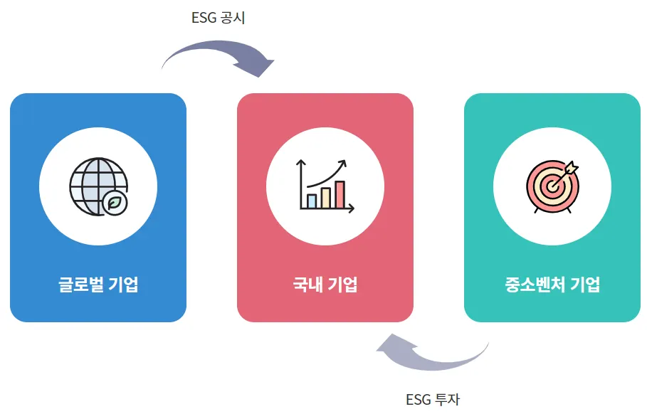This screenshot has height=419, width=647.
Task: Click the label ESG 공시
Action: tap(218, 18)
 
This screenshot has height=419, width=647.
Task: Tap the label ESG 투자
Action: tap(433, 399)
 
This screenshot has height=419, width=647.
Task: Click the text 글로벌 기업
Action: tap(98, 285)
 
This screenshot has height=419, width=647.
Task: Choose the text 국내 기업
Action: tap(325, 285)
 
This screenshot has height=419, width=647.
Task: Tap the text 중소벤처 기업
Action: tap(552, 285)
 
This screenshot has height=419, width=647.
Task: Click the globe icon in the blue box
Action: tap(97, 186)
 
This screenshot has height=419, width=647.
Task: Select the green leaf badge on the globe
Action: tap(115, 202)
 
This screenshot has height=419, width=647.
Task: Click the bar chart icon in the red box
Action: tap(325, 186)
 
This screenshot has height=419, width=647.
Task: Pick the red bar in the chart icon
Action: tap(340, 194)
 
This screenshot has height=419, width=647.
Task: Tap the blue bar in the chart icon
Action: tap(311, 201)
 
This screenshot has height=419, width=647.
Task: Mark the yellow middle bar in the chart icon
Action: tap(326, 197)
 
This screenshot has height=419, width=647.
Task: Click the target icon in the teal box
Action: tap(552, 186)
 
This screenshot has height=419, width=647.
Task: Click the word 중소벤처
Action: tap(535, 285)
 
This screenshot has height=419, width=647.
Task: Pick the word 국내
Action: tap(307, 285)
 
